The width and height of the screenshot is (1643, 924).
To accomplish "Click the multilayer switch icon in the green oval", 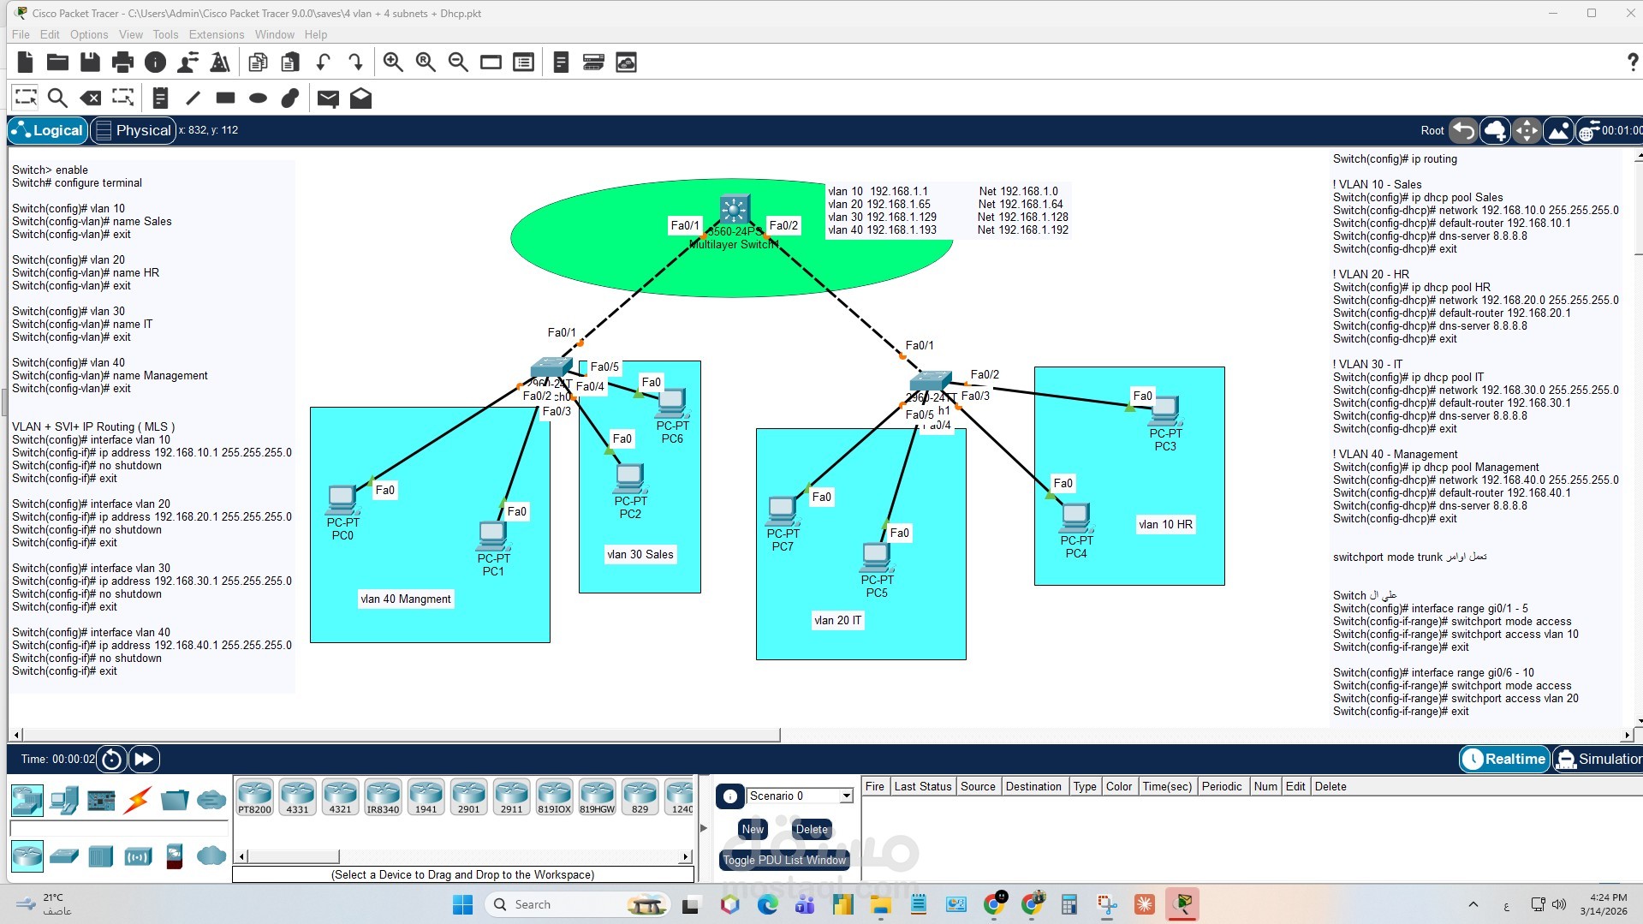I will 734,209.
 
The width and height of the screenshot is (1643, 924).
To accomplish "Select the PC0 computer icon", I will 342,498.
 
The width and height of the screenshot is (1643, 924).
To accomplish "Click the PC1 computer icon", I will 493,535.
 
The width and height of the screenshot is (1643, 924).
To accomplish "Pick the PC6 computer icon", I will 672,402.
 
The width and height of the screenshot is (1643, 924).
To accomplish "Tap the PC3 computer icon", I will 1164,410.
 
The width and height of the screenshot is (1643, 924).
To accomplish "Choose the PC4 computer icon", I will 1075,517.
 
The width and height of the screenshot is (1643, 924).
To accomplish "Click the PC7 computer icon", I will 783,510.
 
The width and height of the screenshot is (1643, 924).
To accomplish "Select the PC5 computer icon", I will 876,557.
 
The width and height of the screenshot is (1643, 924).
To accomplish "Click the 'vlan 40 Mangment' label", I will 406,599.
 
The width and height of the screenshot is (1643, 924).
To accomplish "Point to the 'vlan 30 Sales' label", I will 640,555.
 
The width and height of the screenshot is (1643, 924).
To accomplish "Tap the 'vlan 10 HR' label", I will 1165,525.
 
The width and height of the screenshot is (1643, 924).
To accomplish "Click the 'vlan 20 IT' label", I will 837,621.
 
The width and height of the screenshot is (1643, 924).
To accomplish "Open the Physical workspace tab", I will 134,130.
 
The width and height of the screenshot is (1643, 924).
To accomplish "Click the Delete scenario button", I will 811,829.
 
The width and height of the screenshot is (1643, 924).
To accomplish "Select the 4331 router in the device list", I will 297,796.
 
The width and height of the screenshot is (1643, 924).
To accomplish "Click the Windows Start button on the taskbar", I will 462,904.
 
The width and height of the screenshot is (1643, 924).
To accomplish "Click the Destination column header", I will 1033,787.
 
